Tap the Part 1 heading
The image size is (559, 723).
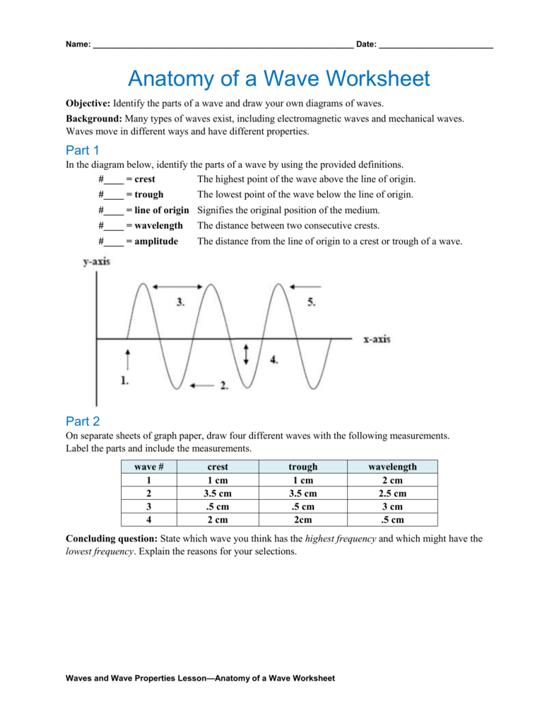click(83, 150)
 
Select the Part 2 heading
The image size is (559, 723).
click(83, 422)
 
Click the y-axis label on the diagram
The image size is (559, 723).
click(97, 262)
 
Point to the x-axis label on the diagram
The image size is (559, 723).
click(377, 339)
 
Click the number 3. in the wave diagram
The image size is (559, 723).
click(180, 301)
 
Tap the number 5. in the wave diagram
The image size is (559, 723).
click(311, 301)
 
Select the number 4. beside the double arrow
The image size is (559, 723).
click(273, 359)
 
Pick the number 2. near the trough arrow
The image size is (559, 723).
click(223, 386)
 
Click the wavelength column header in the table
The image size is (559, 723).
click(392, 467)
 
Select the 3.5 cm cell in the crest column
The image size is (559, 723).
click(218, 494)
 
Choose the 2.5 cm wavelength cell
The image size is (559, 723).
click(392, 494)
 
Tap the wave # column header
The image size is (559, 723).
click(149, 467)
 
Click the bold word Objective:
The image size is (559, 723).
click(88, 103)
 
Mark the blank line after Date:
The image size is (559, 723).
click(435, 45)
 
